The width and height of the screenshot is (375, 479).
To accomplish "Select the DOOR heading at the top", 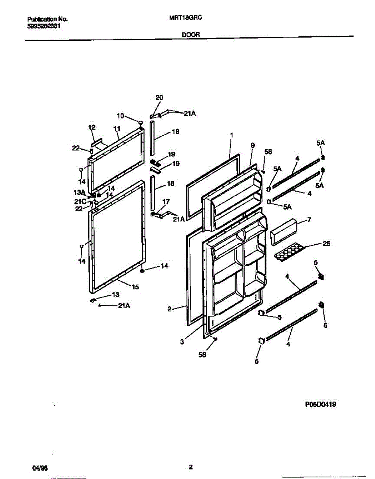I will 191,35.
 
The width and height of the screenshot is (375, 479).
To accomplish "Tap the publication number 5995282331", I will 44,26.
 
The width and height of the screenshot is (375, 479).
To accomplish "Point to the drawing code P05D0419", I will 320,404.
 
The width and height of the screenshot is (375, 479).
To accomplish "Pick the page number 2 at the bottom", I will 191,467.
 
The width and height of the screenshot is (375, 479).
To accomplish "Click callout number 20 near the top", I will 159,98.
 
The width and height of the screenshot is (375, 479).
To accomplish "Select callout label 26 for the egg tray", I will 326,243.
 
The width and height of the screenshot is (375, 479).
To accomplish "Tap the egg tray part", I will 290,252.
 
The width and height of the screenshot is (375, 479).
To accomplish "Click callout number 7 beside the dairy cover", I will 309,220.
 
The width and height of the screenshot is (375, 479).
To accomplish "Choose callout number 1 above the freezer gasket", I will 231,135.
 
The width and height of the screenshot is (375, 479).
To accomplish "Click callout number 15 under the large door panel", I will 135,287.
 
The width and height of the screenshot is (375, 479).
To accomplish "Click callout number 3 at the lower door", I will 182,342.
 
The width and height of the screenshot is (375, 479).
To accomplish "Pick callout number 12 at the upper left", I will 92,127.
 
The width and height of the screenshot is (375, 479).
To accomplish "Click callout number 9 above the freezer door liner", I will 252,146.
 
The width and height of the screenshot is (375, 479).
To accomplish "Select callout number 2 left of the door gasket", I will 169,309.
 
